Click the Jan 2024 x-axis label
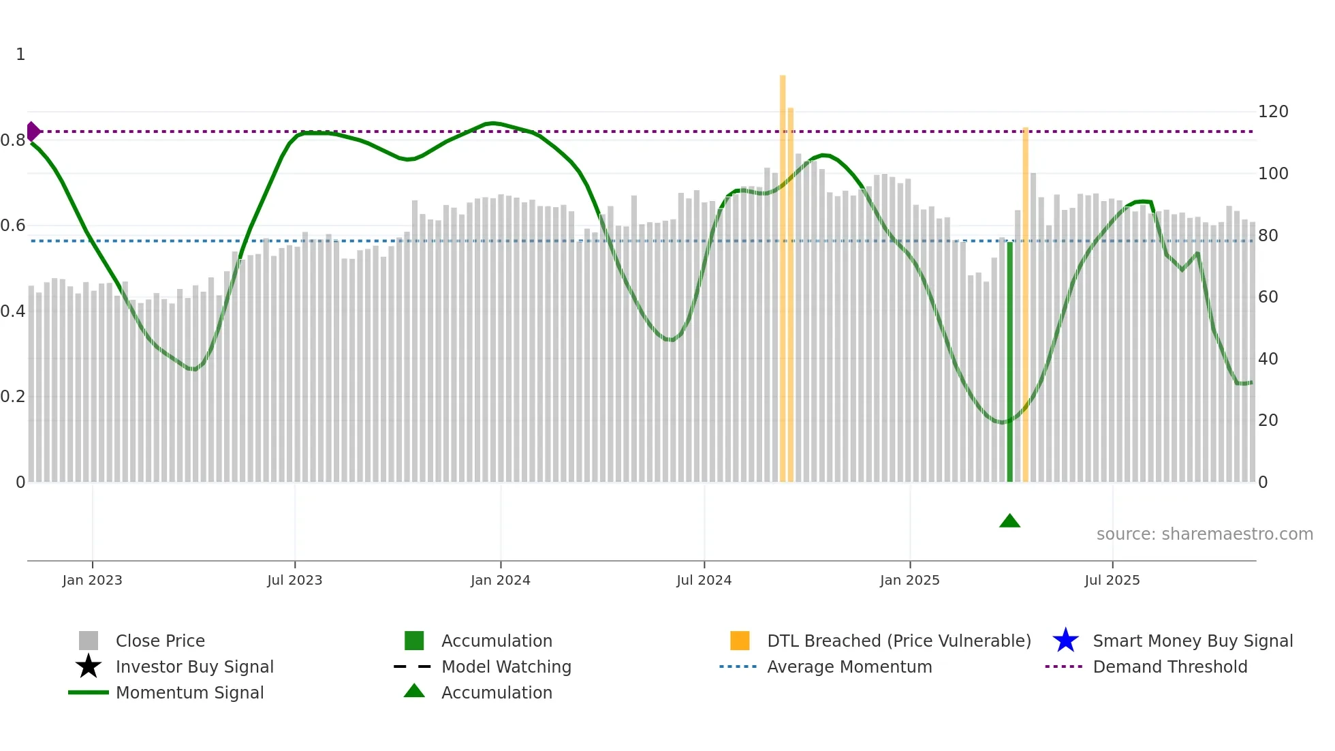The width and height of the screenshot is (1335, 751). [500, 580]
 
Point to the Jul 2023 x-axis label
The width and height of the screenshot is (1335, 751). [294, 580]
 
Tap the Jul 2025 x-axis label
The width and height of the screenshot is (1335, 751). [1112, 580]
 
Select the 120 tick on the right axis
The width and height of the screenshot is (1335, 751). [1272, 112]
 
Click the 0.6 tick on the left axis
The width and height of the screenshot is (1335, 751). [13, 226]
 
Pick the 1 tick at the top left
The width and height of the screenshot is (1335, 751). [20, 55]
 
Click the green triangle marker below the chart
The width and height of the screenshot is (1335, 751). [1009, 521]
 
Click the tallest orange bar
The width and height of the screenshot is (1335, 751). [783, 273]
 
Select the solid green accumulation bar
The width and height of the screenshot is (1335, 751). [1009, 361]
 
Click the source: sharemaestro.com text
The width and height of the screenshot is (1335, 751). [1204, 534]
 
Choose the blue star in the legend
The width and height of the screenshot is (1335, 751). [1065, 641]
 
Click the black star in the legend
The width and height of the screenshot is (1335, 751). [89, 666]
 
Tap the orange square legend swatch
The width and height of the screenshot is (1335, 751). [740, 641]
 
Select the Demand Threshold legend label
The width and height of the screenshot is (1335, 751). [1169, 666]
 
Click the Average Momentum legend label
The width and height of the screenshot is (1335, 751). [849, 666]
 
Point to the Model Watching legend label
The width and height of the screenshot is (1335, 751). [506, 666]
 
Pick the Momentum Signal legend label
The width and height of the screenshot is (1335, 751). [189, 692]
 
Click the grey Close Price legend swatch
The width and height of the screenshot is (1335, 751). [89, 641]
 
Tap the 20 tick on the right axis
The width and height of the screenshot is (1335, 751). [1268, 420]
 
